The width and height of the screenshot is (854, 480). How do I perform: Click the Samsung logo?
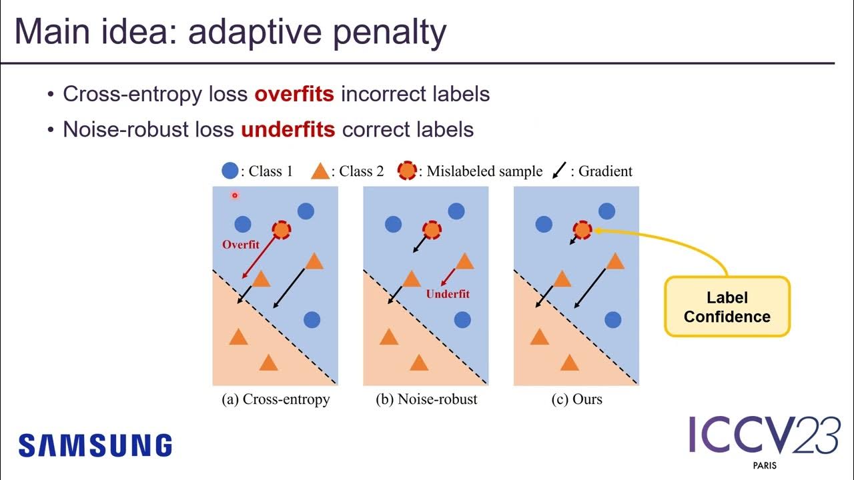tap(95, 445)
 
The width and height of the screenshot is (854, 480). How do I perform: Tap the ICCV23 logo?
tap(764, 437)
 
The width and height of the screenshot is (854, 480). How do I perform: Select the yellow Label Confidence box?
tap(727, 307)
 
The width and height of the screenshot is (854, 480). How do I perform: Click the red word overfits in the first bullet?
tap(294, 94)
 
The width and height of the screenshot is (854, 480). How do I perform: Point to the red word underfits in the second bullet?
tap(288, 129)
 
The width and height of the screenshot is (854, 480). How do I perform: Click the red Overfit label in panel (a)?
tap(241, 245)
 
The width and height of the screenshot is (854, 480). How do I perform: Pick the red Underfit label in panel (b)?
tap(448, 294)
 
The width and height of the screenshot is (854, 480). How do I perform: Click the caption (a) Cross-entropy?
tap(276, 399)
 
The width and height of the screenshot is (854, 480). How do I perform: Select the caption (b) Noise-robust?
tap(426, 399)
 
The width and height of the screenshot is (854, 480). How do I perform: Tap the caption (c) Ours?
tap(577, 399)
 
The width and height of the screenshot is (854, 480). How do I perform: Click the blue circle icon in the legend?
tap(230, 171)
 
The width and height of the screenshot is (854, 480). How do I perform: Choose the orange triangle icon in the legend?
tap(320, 171)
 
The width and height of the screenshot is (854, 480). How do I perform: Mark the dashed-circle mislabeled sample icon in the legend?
tap(407, 171)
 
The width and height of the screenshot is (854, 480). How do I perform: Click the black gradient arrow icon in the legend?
tap(559, 171)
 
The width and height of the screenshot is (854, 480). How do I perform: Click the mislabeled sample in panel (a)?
tap(282, 230)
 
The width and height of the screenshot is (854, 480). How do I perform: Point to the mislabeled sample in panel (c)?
tap(582, 230)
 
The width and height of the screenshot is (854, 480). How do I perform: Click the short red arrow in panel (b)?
tap(448, 277)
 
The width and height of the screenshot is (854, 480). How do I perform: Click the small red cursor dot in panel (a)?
tap(235, 195)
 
